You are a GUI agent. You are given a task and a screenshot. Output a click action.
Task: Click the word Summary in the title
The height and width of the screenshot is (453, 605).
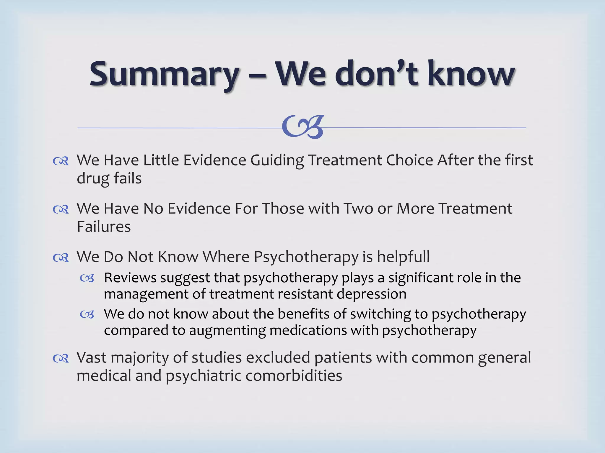pyautogui.click(x=164, y=74)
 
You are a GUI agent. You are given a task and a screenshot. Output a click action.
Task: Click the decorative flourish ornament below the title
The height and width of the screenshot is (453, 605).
pyautogui.click(x=303, y=127)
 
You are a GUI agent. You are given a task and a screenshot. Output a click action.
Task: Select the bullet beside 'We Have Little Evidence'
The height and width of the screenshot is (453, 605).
pyautogui.click(x=61, y=161)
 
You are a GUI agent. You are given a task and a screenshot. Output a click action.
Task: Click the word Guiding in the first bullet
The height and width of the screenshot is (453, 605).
pyautogui.click(x=277, y=161)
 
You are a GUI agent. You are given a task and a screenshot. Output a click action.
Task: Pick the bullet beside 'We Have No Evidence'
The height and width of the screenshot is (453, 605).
pyautogui.click(x=61, y=209)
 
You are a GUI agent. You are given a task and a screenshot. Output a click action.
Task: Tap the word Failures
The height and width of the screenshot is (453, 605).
pyautogui.click(x=104, y=227)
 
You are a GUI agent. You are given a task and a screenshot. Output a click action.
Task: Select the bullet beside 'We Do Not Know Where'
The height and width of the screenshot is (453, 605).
pyautogui.click(x=61, y=258)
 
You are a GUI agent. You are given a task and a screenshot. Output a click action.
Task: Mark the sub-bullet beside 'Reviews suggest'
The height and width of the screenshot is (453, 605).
pyautogui.click(x=87, y=278)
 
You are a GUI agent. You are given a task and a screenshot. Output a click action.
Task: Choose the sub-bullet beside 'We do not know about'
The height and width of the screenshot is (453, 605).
pyautogui.click(x=87, y=315)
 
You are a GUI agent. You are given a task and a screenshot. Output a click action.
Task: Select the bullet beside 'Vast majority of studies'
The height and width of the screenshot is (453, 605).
pyautogui.click(x=61, y=359)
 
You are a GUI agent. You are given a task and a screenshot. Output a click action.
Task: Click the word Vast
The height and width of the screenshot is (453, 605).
pyautogui.click(x=91, y=358)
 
